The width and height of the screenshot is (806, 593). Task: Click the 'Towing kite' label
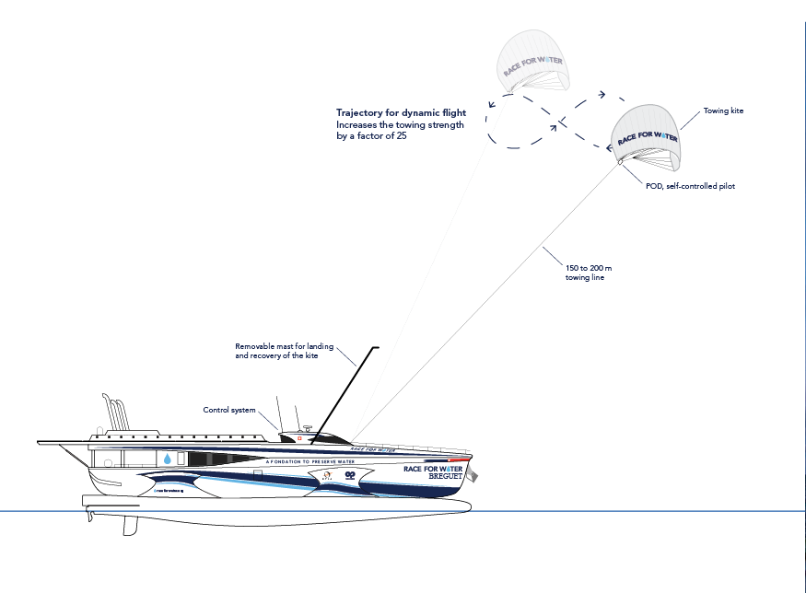(723, 110)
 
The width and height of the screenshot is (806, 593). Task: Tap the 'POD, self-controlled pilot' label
(689, 186)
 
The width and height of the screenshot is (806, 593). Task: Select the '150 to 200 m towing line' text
(585, 272)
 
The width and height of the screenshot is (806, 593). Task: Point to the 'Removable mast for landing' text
(276, 347)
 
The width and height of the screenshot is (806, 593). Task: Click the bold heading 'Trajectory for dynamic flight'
(401, 112)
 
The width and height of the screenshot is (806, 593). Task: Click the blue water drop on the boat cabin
(169, 458)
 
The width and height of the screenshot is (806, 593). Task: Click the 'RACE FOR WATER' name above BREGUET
(437, 468)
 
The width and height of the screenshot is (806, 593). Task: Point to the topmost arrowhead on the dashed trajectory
(601, 94)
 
